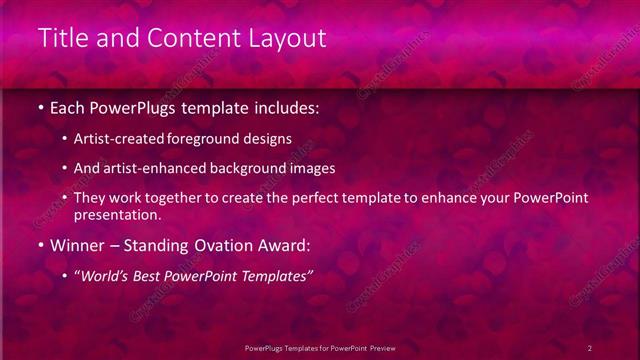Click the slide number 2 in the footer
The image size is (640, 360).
(x=590, y=347)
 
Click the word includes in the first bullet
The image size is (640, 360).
(x=289, y=105)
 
